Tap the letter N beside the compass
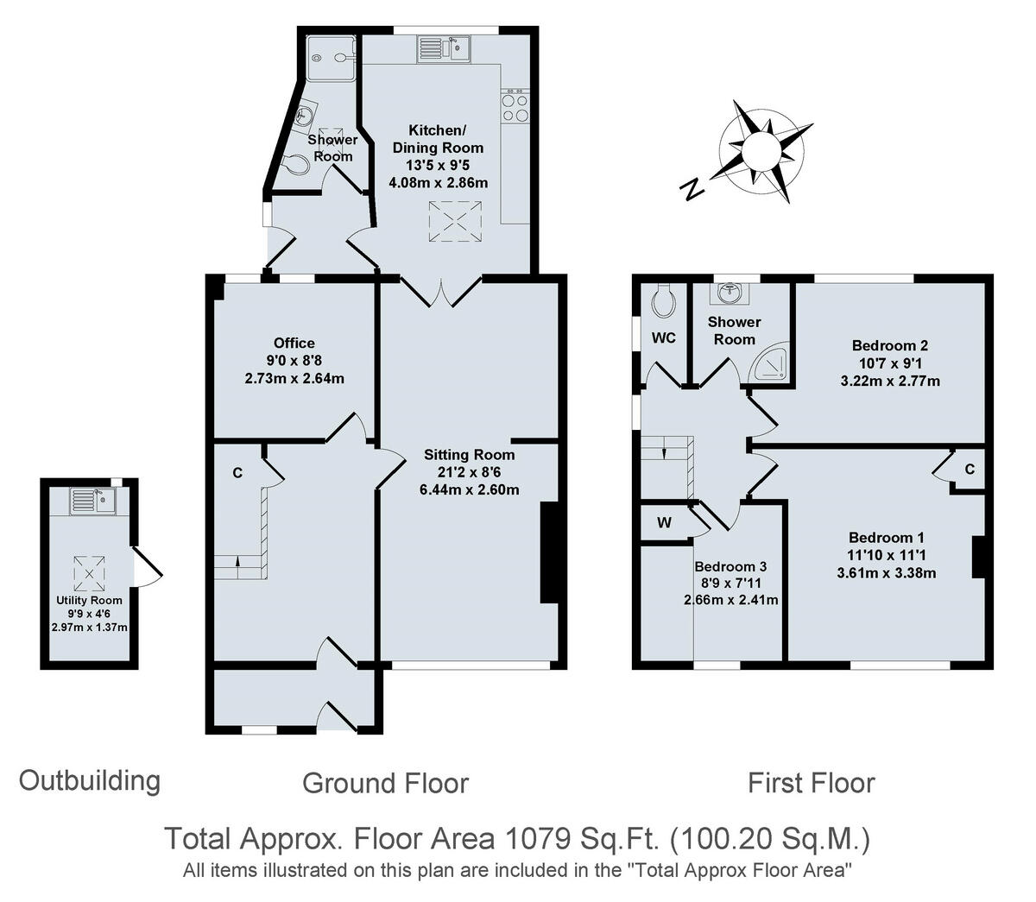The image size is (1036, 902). [690, 190]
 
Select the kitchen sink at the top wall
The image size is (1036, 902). [443, 47]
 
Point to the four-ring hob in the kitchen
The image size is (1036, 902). [515, 107]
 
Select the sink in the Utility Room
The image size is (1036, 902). [92, 500]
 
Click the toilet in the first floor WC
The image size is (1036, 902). [663, 300]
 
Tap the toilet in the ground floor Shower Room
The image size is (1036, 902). [294, 164]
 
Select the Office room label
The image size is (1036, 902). [294, 343]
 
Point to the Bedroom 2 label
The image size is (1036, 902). [876, 345]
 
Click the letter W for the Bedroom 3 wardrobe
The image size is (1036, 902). [664, 522]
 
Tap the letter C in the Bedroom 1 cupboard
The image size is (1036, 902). [970, 470]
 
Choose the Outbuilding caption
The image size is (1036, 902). [90, 780]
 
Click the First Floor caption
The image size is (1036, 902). [811, 783]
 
